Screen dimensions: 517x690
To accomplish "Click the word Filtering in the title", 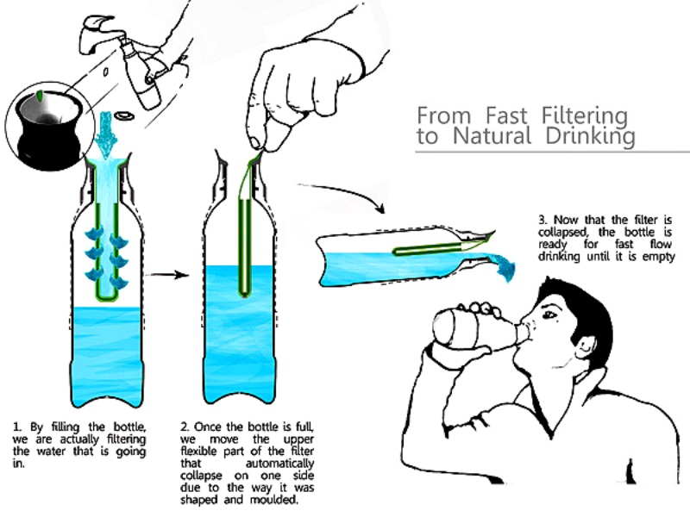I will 590,115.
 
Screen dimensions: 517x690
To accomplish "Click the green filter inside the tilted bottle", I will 431,250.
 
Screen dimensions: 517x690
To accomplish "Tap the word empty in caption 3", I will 656,257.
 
